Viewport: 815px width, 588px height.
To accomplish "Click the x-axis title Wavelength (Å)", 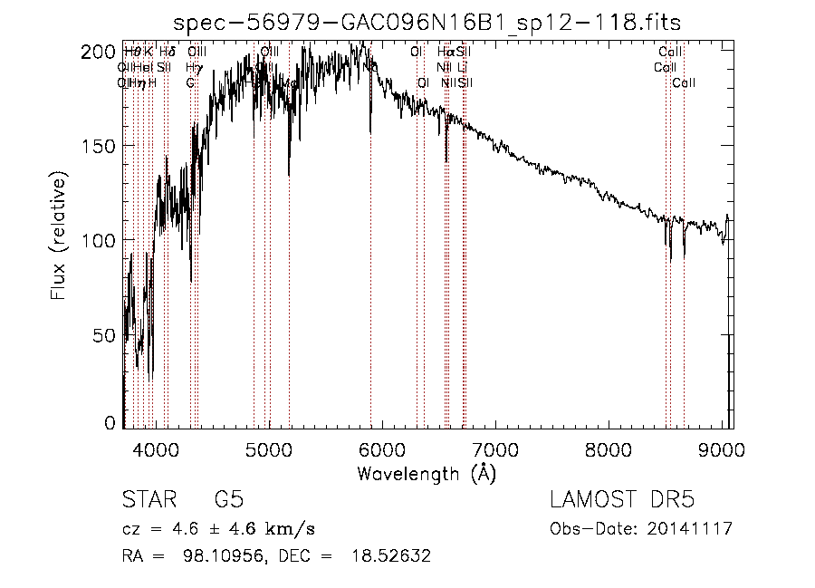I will click(427, 473).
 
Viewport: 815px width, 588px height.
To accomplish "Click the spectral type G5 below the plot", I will click(228, 500).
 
